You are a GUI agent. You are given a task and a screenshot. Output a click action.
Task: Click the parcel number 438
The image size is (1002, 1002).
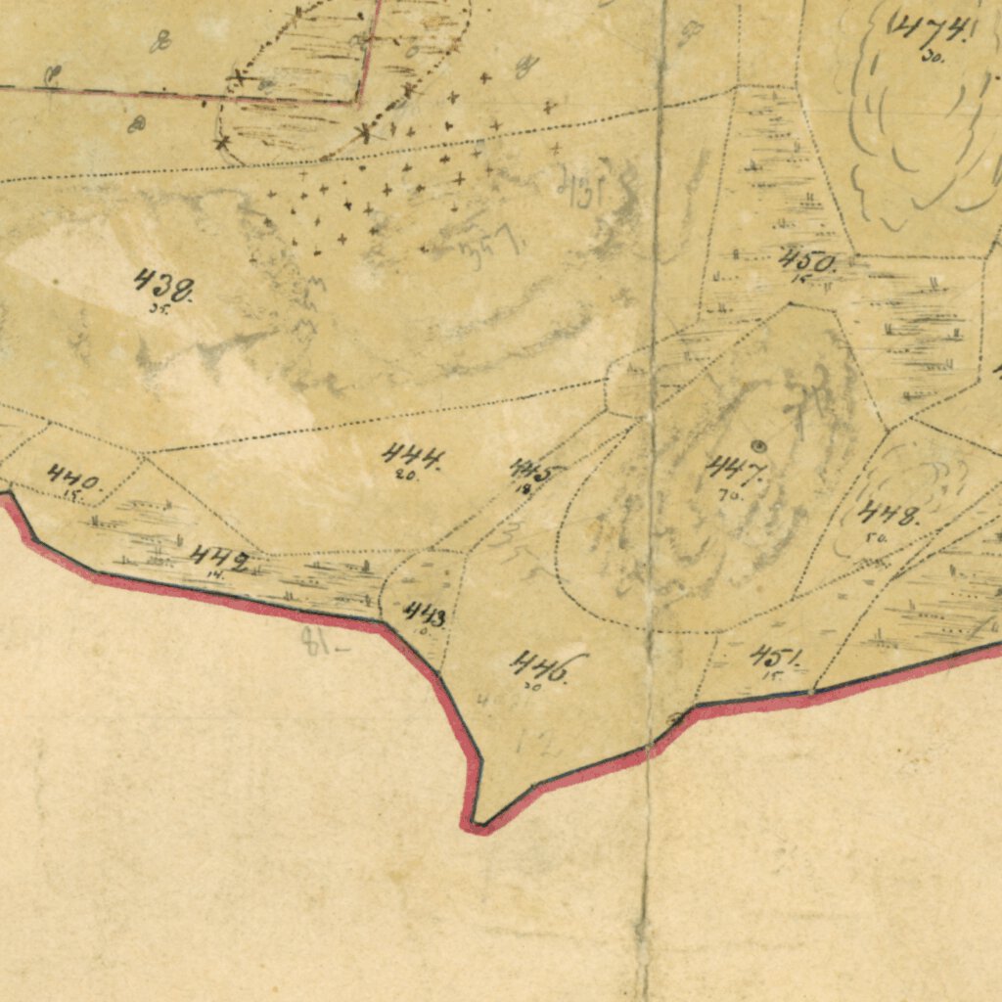[163, 286]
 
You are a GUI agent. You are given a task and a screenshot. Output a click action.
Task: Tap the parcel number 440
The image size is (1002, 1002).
[73, 479]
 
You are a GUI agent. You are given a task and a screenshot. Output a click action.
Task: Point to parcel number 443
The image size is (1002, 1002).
[426, 615]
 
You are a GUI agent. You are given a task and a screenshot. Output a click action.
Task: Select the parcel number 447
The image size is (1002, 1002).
[736, 471]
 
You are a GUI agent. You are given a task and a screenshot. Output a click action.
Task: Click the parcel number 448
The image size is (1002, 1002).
[888, 514]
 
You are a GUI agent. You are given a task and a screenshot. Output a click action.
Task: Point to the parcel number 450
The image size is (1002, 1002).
[808, 261]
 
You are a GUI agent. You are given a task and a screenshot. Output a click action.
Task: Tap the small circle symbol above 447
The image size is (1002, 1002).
[757, 445]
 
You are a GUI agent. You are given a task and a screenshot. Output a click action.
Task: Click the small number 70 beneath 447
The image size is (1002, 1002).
[729, 495]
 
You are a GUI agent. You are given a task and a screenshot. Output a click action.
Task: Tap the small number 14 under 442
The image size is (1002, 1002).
[214, 575]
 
